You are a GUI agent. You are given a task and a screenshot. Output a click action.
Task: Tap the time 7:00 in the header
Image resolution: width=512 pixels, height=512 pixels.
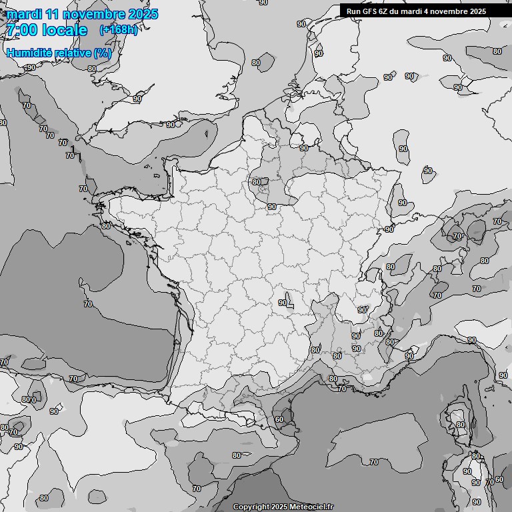click(22, 30)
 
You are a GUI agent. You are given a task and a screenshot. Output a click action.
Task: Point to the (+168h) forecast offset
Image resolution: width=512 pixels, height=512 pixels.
click(118, 30)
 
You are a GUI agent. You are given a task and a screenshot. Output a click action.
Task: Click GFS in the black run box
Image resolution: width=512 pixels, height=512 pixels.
click(369, 11)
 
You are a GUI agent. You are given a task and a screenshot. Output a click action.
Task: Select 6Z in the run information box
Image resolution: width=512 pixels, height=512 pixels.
click(383, 11)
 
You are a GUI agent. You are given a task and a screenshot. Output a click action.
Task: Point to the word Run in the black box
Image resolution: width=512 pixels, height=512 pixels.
click(353, 11)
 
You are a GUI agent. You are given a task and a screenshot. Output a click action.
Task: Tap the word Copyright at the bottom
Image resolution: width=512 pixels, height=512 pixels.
click(252, 507)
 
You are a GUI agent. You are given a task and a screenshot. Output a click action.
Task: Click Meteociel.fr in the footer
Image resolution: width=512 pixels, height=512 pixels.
click(312, 507)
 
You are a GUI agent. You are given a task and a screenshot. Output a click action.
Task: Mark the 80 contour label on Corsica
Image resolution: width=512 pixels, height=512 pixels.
click(459, 425)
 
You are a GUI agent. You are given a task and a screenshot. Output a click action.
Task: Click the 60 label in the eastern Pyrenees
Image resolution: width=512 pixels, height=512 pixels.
click(279, 420)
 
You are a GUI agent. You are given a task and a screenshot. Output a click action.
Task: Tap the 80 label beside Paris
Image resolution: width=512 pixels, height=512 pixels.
click(257, 182)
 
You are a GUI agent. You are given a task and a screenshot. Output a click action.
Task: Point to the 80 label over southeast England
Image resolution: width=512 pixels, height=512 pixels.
click(256, 63)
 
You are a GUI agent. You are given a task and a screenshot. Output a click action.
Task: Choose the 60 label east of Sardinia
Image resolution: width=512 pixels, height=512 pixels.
click(499, 480)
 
